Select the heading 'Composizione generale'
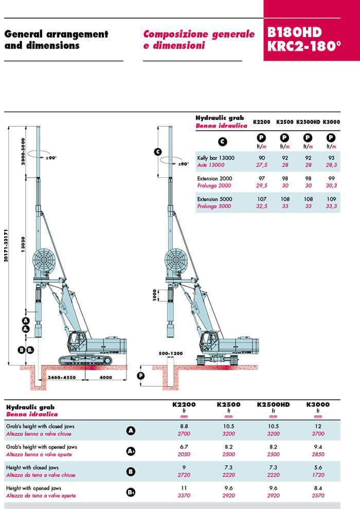coord(199,34)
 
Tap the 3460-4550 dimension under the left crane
coord(62,378)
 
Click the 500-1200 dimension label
coord(171,353)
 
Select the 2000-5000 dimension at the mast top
coord(23,150)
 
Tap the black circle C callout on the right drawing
coord(158,151)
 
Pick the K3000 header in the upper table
coord(331,122)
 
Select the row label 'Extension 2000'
coord(215,178)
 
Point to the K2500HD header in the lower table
coord(273,405)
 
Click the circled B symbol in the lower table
coord(131,471)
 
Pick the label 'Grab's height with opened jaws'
coord(41,447)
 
